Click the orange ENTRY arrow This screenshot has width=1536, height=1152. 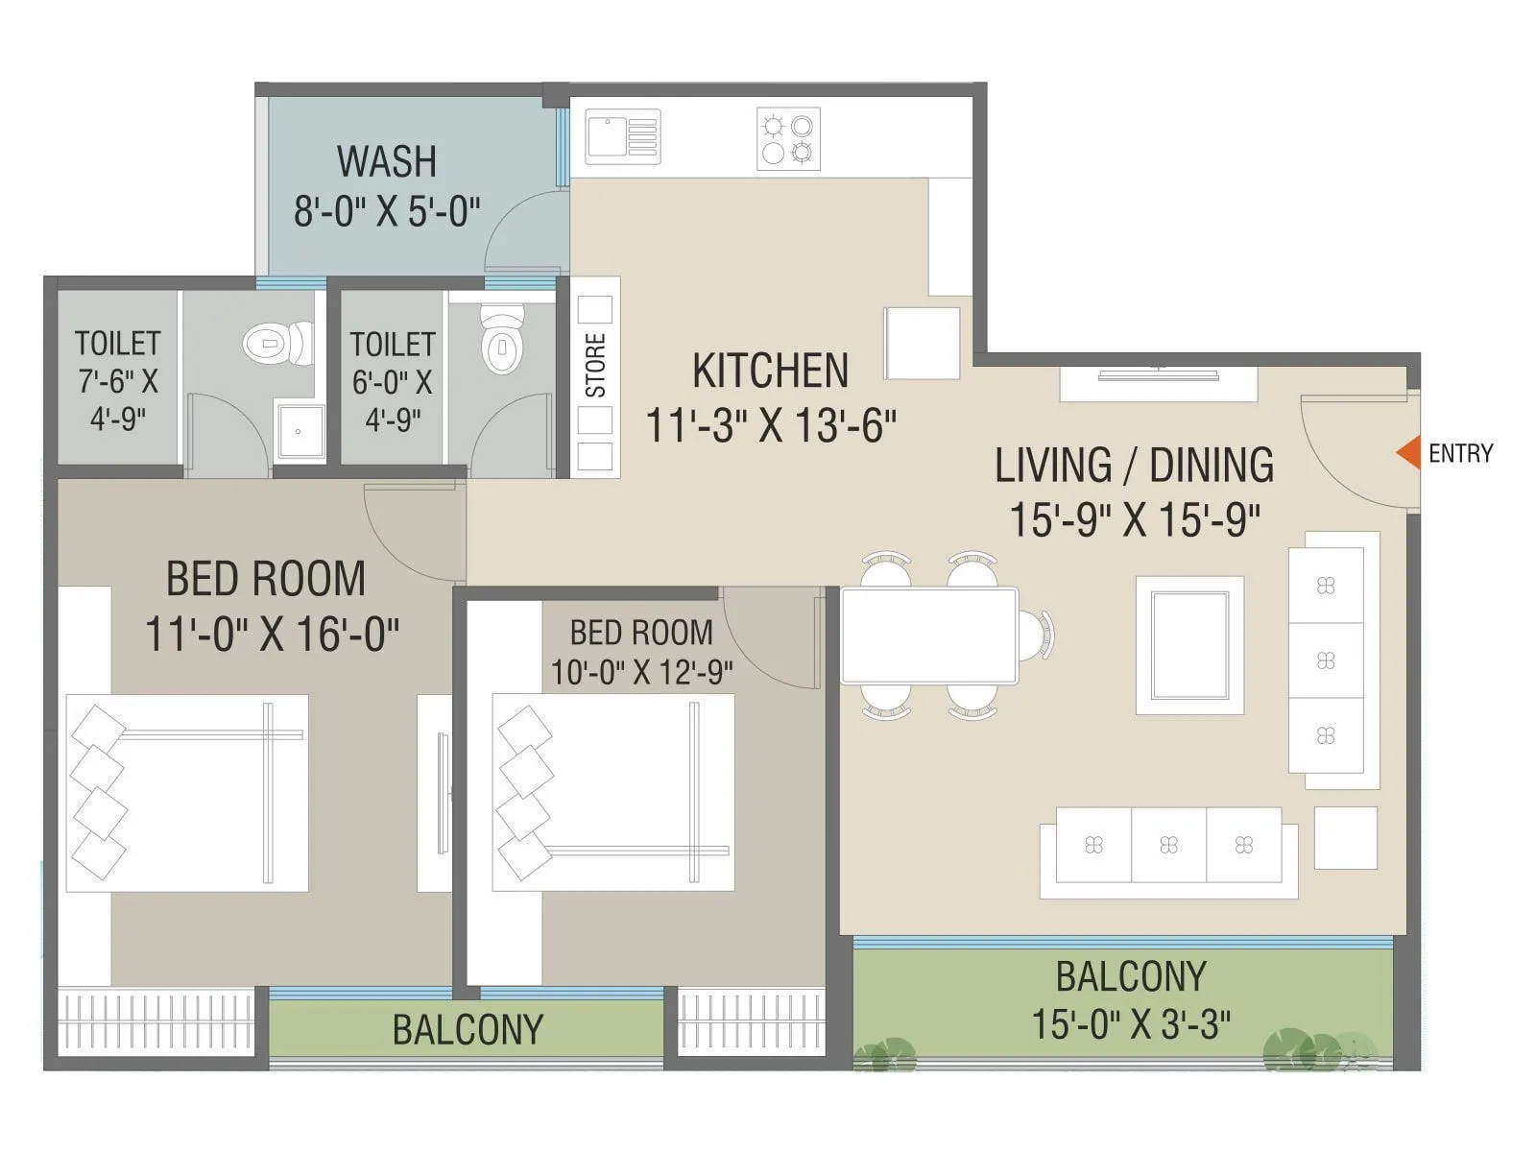tap(1408, 453)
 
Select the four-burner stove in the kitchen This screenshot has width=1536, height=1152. tap(788, 139)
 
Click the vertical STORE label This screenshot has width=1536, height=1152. tap(596, 366)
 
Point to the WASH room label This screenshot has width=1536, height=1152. tap(387, 161)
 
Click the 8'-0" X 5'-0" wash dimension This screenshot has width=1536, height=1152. tap(387, 211)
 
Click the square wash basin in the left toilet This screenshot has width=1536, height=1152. tap(300, 433)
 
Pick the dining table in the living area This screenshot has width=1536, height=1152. tap(928, 636)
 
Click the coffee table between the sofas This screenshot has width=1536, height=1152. tap(1189, 645)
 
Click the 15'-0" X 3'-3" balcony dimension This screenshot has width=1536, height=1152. tap(1131, 1024)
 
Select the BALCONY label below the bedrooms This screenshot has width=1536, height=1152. tap(468, 1030)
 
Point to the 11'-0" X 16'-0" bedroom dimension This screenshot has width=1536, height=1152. tap(272, 635)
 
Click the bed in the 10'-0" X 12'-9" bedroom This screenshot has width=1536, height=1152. tap(612, 792)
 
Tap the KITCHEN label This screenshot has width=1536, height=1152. tap(770, 372)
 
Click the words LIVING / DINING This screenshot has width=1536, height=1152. tap(1134, 466)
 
